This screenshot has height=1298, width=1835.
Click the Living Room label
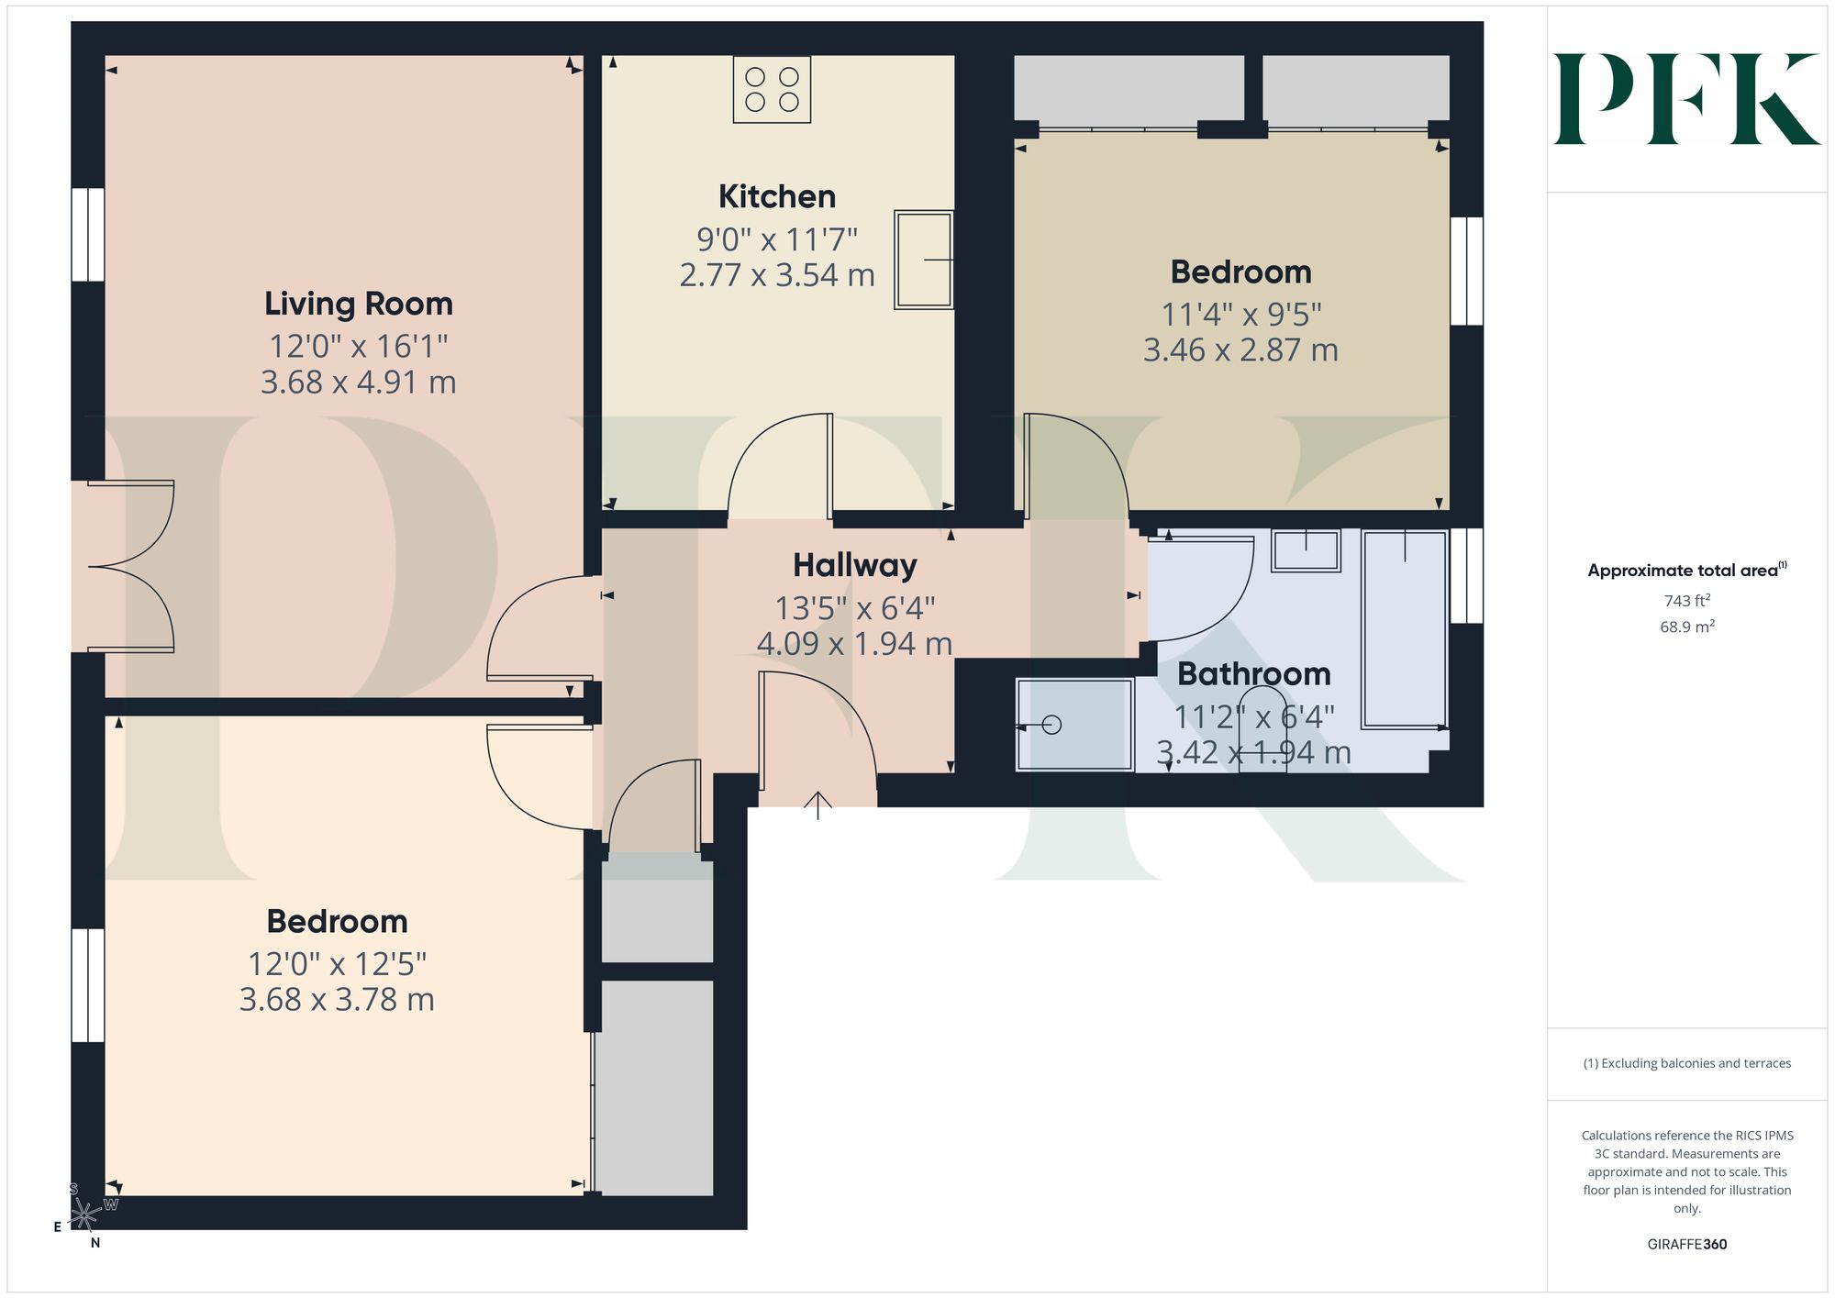coord(359,304)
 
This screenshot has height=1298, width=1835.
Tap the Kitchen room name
coord(777,196)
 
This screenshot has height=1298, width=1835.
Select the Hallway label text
coord(855,565)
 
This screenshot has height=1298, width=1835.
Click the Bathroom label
coord(1254,674)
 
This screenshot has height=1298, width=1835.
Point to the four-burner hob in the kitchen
coord(772,89)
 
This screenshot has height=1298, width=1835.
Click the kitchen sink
coord(924,260)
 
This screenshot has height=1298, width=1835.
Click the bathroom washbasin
coord(1307,550)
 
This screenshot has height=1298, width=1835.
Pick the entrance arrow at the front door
coord(817,804)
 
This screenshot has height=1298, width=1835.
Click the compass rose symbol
coord(84,1215)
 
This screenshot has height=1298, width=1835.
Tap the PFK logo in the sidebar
coord(1686,99)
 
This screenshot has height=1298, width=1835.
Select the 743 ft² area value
coord(1687,601)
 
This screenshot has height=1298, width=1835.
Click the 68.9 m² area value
coord(1687,627)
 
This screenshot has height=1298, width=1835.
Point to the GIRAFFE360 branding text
coord(1687,1245)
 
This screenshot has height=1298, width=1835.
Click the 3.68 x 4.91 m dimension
coord(359,382)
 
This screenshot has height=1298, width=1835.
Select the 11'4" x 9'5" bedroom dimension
coord(1241,315)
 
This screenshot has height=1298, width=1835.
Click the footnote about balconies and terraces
coord(1687,1063)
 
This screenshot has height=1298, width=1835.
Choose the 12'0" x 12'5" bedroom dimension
coord(337,964)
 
